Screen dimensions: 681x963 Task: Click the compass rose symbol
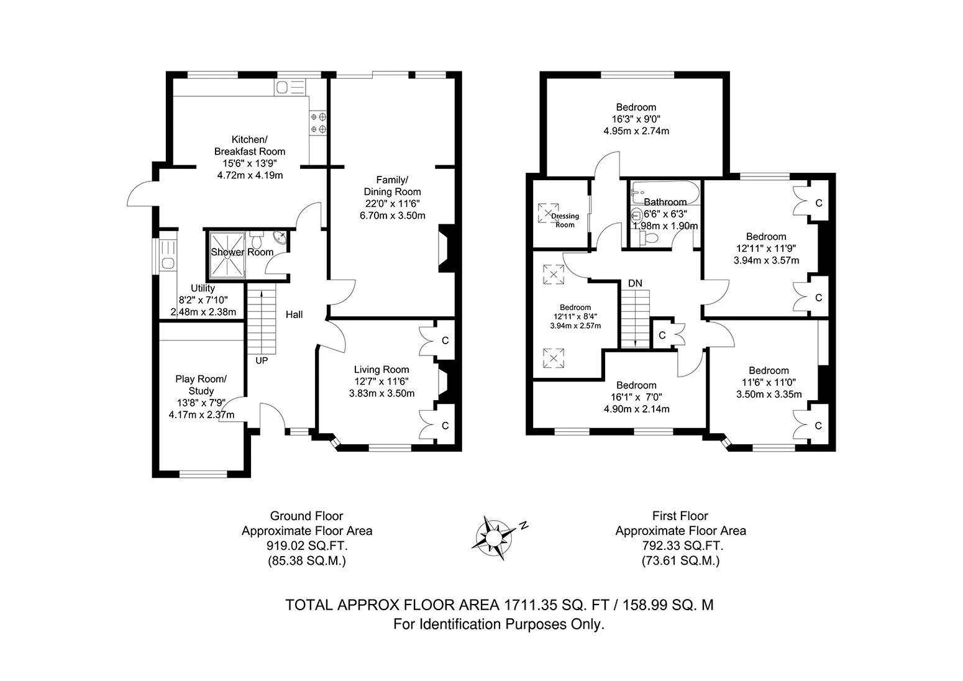495,534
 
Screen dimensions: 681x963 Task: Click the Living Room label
381,369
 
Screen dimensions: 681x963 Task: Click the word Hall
294,315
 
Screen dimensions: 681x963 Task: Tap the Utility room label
203,288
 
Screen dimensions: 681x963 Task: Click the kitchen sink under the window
290,87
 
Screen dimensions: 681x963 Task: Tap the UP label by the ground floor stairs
261,360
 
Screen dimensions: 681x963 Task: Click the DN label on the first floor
634,283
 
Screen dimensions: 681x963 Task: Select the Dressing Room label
565,220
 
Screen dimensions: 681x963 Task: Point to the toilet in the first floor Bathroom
649,238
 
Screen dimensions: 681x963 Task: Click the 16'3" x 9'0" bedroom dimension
636,119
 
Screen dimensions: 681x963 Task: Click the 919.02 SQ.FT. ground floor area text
306,546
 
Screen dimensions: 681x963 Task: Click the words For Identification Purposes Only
499,624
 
